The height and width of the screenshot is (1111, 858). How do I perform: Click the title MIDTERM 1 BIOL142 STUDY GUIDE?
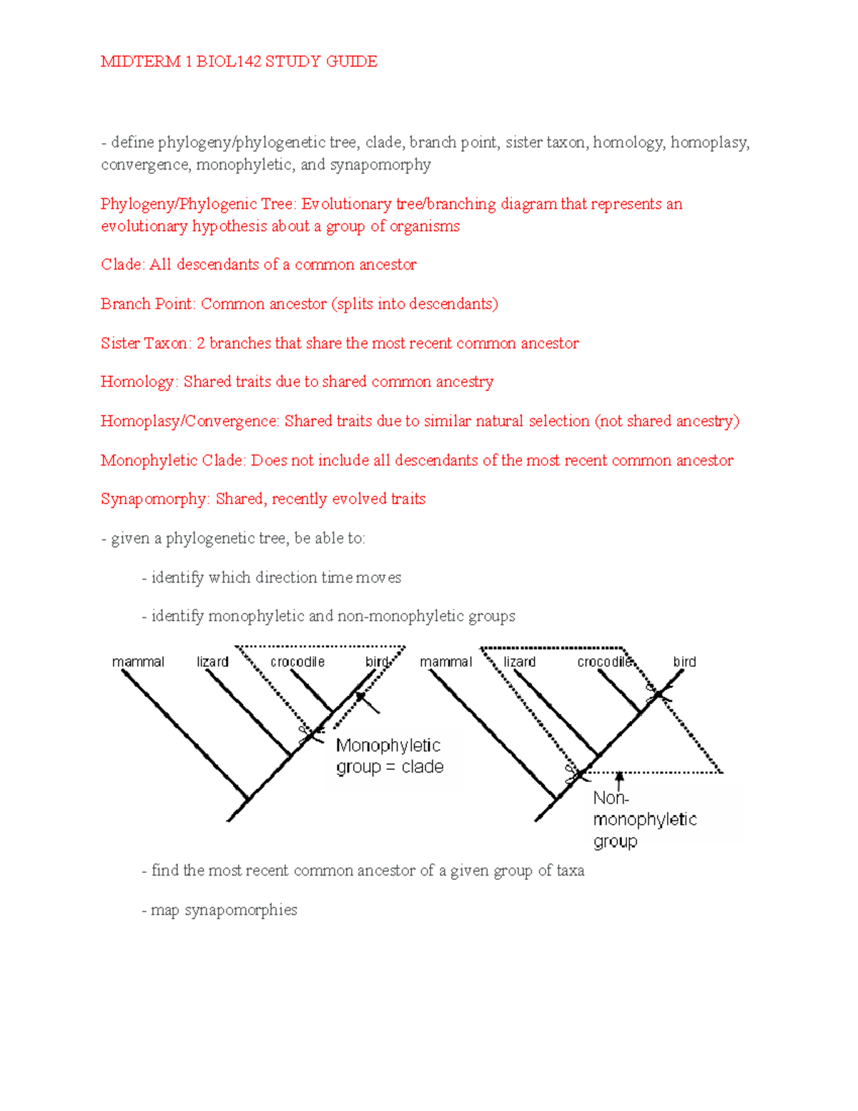[239, 62]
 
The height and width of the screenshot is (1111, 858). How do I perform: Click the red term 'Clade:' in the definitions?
[123, 265]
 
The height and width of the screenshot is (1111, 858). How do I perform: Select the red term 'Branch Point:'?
[147, 304]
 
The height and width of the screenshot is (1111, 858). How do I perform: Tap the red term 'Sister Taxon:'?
[146, 343]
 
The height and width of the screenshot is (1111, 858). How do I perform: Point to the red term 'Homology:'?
[139, 382]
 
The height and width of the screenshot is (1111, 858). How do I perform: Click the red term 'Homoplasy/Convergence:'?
[189, 421]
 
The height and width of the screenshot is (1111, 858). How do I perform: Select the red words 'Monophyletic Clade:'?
[173, 461]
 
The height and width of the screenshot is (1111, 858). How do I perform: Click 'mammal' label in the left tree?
[138, 662]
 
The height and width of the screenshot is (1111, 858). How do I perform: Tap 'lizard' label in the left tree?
[212, 662]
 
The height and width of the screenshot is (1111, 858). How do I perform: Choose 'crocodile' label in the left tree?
[297, 662]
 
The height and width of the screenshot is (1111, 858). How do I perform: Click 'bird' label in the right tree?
[684, 662]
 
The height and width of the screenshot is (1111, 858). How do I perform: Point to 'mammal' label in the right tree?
[445, 662]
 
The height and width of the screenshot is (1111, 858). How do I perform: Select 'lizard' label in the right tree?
[519, 662]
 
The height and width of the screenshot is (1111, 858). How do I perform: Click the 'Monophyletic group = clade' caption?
[390, 756]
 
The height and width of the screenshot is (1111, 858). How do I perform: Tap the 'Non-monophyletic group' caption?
[643, 820]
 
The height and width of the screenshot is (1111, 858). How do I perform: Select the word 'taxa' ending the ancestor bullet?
[571, 871]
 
